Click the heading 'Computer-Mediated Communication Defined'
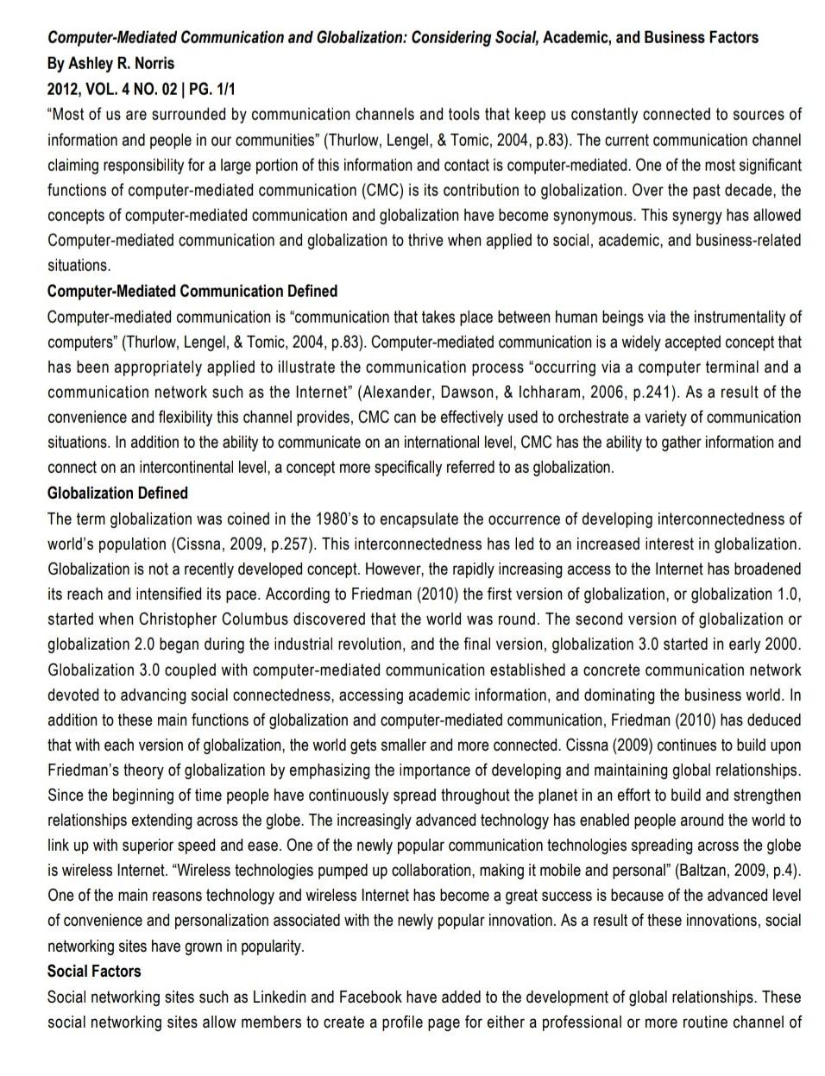tap(192, 291)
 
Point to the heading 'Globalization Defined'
tap(117, 493)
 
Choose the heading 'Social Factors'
tap(94, 971)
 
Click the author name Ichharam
tap(551, 392)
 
